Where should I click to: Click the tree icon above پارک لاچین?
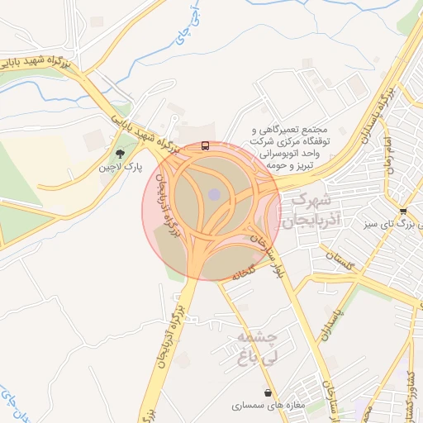pos(121,153)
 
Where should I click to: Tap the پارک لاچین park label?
pos(121,167)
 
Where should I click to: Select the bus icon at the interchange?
pos(205,146)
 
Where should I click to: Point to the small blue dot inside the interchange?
pos(214,194)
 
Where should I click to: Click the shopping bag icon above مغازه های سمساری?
pos(269,392)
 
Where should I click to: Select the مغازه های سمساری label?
pos(269,406)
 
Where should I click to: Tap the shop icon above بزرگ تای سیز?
pos(402,211)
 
